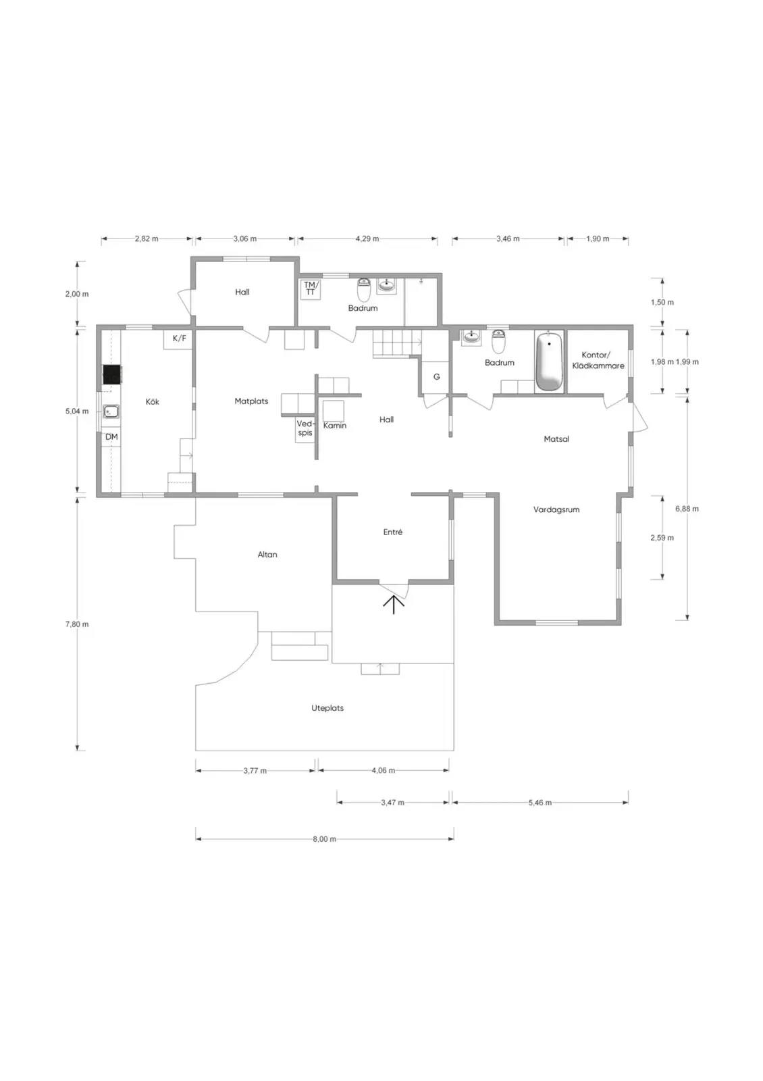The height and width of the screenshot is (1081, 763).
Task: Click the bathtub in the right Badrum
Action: pyautogui.click(x=549, y=361)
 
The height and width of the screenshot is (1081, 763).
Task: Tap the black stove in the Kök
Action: pyautogui.click(x=112, y=375)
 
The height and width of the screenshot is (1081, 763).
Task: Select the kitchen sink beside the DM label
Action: pyautogui.click(x=111, y=411)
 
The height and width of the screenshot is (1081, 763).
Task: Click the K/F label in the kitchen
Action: pyautogui.click(x=180, y=338)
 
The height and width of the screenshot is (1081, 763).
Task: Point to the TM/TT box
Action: pyautogui.click(x=310, y=289)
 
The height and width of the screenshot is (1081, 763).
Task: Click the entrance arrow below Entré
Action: pyautogui.click(x=394, y=604)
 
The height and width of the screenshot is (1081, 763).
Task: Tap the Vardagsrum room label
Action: pyautogui.click(x=556, y=509)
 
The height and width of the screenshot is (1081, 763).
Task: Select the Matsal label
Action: pyautogui.click(x=556, y=439)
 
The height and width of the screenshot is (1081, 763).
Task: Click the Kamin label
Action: pyautogui.click(x=335, y=426)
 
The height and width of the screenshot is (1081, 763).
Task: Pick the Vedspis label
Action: pyautogui.click(x=305, y=428)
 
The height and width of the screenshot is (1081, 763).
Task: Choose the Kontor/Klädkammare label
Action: pyautogui.click(x=598, y=360)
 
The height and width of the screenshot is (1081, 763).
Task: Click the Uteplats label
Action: pyautogui.click(x=327, y=708)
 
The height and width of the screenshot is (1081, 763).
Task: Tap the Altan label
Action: pyautogui.click(x=267, y=555)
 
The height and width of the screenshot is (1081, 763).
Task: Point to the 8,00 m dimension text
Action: pyautogui.click(x=325, y=838)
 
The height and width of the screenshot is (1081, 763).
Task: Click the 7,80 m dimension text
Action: pyautogui.click(x=77, y=624)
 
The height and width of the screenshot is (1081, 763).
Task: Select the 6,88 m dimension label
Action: pyautogui.click(x=687, y=509)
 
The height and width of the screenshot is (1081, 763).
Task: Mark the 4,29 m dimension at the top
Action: pyautogui.click(x=367, y=238)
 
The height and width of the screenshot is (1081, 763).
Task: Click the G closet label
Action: pyautogui.click(x=436, y=377)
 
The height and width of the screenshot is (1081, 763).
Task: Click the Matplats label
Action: pyautogui.click(x=251, y=401)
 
